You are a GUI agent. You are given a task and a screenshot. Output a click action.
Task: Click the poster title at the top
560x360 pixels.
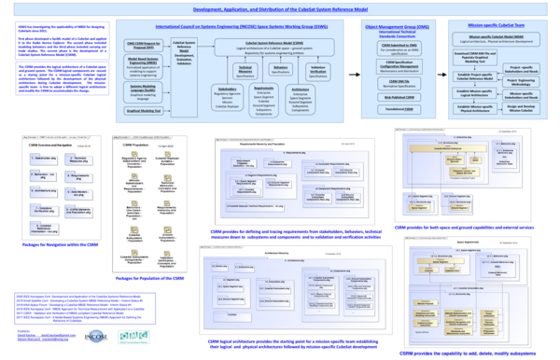click(x=280, y=7)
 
